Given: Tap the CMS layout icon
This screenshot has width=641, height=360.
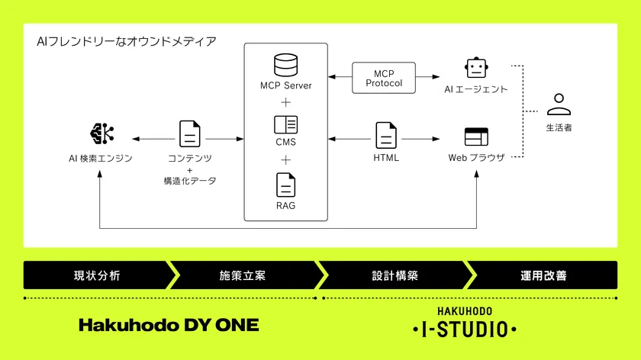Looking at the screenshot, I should [285, 124].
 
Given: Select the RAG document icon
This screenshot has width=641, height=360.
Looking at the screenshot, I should [285, 185].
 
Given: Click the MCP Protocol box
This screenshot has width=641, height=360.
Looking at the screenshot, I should [384, 78].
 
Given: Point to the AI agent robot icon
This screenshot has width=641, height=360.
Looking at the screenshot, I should [476, 68].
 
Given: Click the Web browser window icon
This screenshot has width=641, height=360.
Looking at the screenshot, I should [476, 137].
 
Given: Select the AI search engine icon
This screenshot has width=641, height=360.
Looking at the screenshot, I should [101, 133].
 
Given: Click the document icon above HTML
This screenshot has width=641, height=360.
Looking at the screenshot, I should [386, 134].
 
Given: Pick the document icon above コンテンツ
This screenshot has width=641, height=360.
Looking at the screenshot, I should [189, 133].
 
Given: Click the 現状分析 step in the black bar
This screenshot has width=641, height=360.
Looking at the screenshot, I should [96, 275].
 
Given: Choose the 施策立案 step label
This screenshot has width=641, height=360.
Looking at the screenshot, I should [242, 275].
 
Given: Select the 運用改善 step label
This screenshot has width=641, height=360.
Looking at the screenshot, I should [544, 275].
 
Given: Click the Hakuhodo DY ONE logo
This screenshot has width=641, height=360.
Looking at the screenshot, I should [169, 326].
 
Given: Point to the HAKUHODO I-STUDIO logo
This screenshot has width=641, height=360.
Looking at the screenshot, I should [464, 324].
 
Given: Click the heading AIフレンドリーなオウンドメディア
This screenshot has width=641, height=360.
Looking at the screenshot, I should [126, 40].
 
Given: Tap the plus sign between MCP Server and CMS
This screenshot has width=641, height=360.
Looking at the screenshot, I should [285, 102].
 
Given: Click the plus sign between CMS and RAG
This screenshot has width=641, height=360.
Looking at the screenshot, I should [285, 160].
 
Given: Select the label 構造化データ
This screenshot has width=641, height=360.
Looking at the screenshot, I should [189, 181].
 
